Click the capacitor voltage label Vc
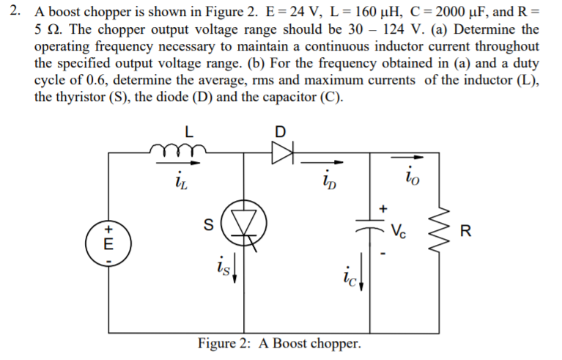pyautogui.click(x=399, y=228)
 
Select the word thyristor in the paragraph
pyautogui.click(x=81, y=98)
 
